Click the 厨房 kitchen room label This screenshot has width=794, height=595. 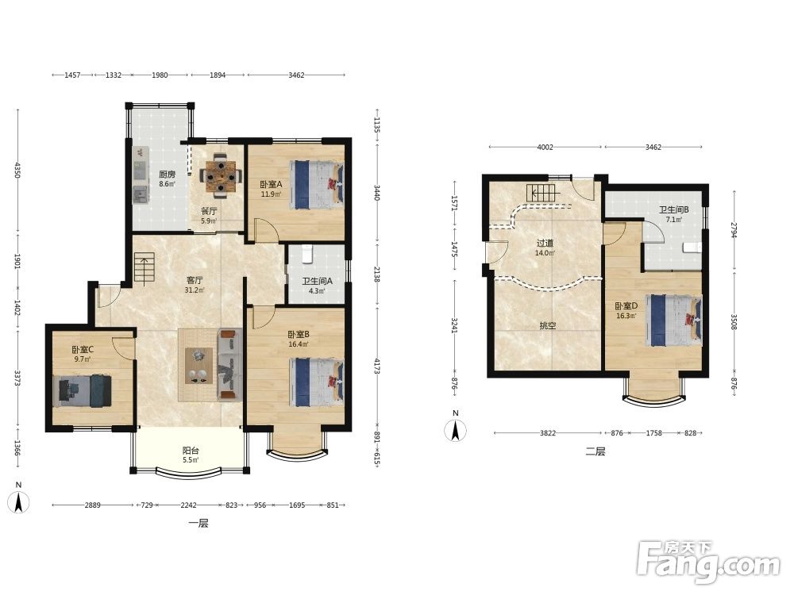[167, 178]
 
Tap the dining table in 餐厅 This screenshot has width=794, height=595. [220, 175]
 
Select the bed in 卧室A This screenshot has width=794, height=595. [317, 185]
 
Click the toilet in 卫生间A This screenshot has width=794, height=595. [307, 254]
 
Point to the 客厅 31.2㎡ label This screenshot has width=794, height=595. [195, 285]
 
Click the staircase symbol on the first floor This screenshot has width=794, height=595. [145, 269]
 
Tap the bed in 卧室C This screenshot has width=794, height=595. [83, 390]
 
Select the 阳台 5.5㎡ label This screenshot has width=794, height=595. [191, 455]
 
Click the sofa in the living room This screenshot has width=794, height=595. [230, 364]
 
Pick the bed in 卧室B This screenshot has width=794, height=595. [317, 382]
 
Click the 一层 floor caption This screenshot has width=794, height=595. [198, 523]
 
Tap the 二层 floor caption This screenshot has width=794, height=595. [595, 451]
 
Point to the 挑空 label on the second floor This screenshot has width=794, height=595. [548, 326]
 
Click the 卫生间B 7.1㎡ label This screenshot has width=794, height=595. [673, 214]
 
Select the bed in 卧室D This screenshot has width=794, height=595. [674, 321]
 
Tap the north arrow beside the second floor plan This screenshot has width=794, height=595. [456, 430]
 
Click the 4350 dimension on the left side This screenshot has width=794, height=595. [17, 171]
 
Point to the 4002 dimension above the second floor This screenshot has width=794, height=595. [545, 148]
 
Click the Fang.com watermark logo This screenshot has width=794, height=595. [709, 562]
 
